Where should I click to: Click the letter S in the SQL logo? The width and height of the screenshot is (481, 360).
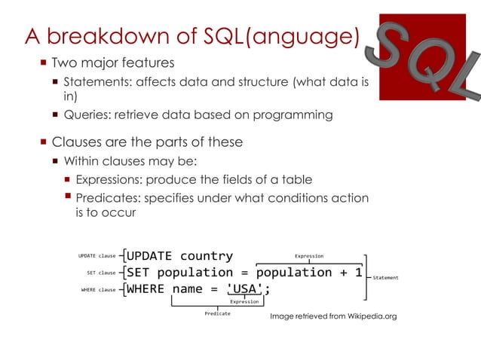pyautogui.click(x=393, y=47)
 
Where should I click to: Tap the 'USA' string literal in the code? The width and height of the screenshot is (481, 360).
pyautogui.click(x=245, y=288)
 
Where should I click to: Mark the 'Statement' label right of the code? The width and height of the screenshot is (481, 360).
pyautogui.click(x=385, y=278)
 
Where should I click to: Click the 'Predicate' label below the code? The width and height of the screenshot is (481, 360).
pyautogui.click(x=217, y=313)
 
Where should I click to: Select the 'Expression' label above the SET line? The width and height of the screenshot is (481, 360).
pyautogui.click(x=308, y=256)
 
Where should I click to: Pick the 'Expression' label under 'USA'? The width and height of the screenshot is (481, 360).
pyautogui.click(x=244, y=301)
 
